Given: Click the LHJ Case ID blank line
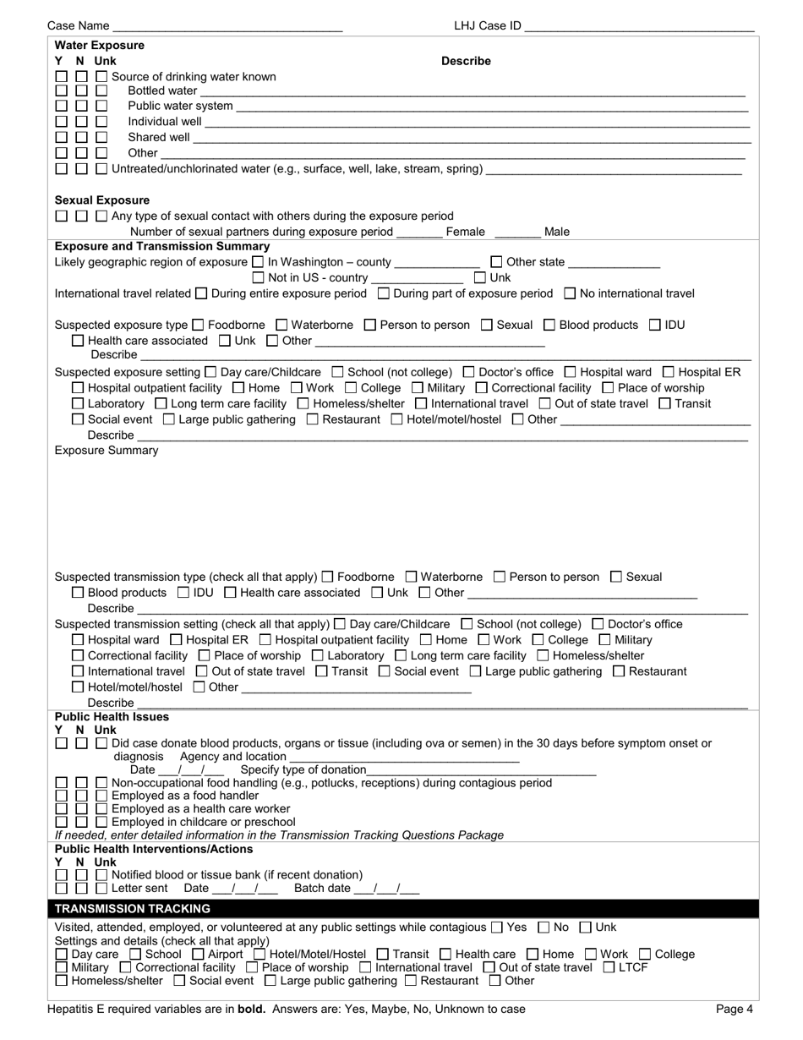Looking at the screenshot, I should pyautogui.click(x=639, y=27).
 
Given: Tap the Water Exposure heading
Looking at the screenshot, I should pyautogui.click(x=100, y=46).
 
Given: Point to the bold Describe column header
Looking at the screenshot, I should pyautogui.click(x=466, y=61).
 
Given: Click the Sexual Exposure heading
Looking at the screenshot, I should pyautogui.click(x=102, y=200).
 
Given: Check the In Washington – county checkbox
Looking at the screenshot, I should pyautogui.click(x=259, y=262).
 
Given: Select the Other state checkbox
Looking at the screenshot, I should pyautogui.click(x=497, y=262).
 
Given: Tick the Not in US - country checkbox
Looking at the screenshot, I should pyautogui.click(x=259, y=277).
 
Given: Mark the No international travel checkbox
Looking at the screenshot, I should pyautogui.click(x=570, y=293).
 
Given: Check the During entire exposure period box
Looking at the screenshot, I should pyautogui.click(x=201, y=293).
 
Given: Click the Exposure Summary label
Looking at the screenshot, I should pyautogui.click(x=107, y=451).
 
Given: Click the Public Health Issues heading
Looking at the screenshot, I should pyautogui.click(x=112, y=717).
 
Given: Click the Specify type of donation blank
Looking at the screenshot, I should pyautogui.click(x=482, y=771).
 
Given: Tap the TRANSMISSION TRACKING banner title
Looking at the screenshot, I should pyautogui.click(x=133, y=909).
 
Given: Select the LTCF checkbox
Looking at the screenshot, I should pyautogui.click(x=609, y=967).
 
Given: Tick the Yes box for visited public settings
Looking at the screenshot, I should pyautogui.click(x=497, y=928).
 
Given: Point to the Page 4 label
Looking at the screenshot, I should pyautogui.click(x=735, y=1009).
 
